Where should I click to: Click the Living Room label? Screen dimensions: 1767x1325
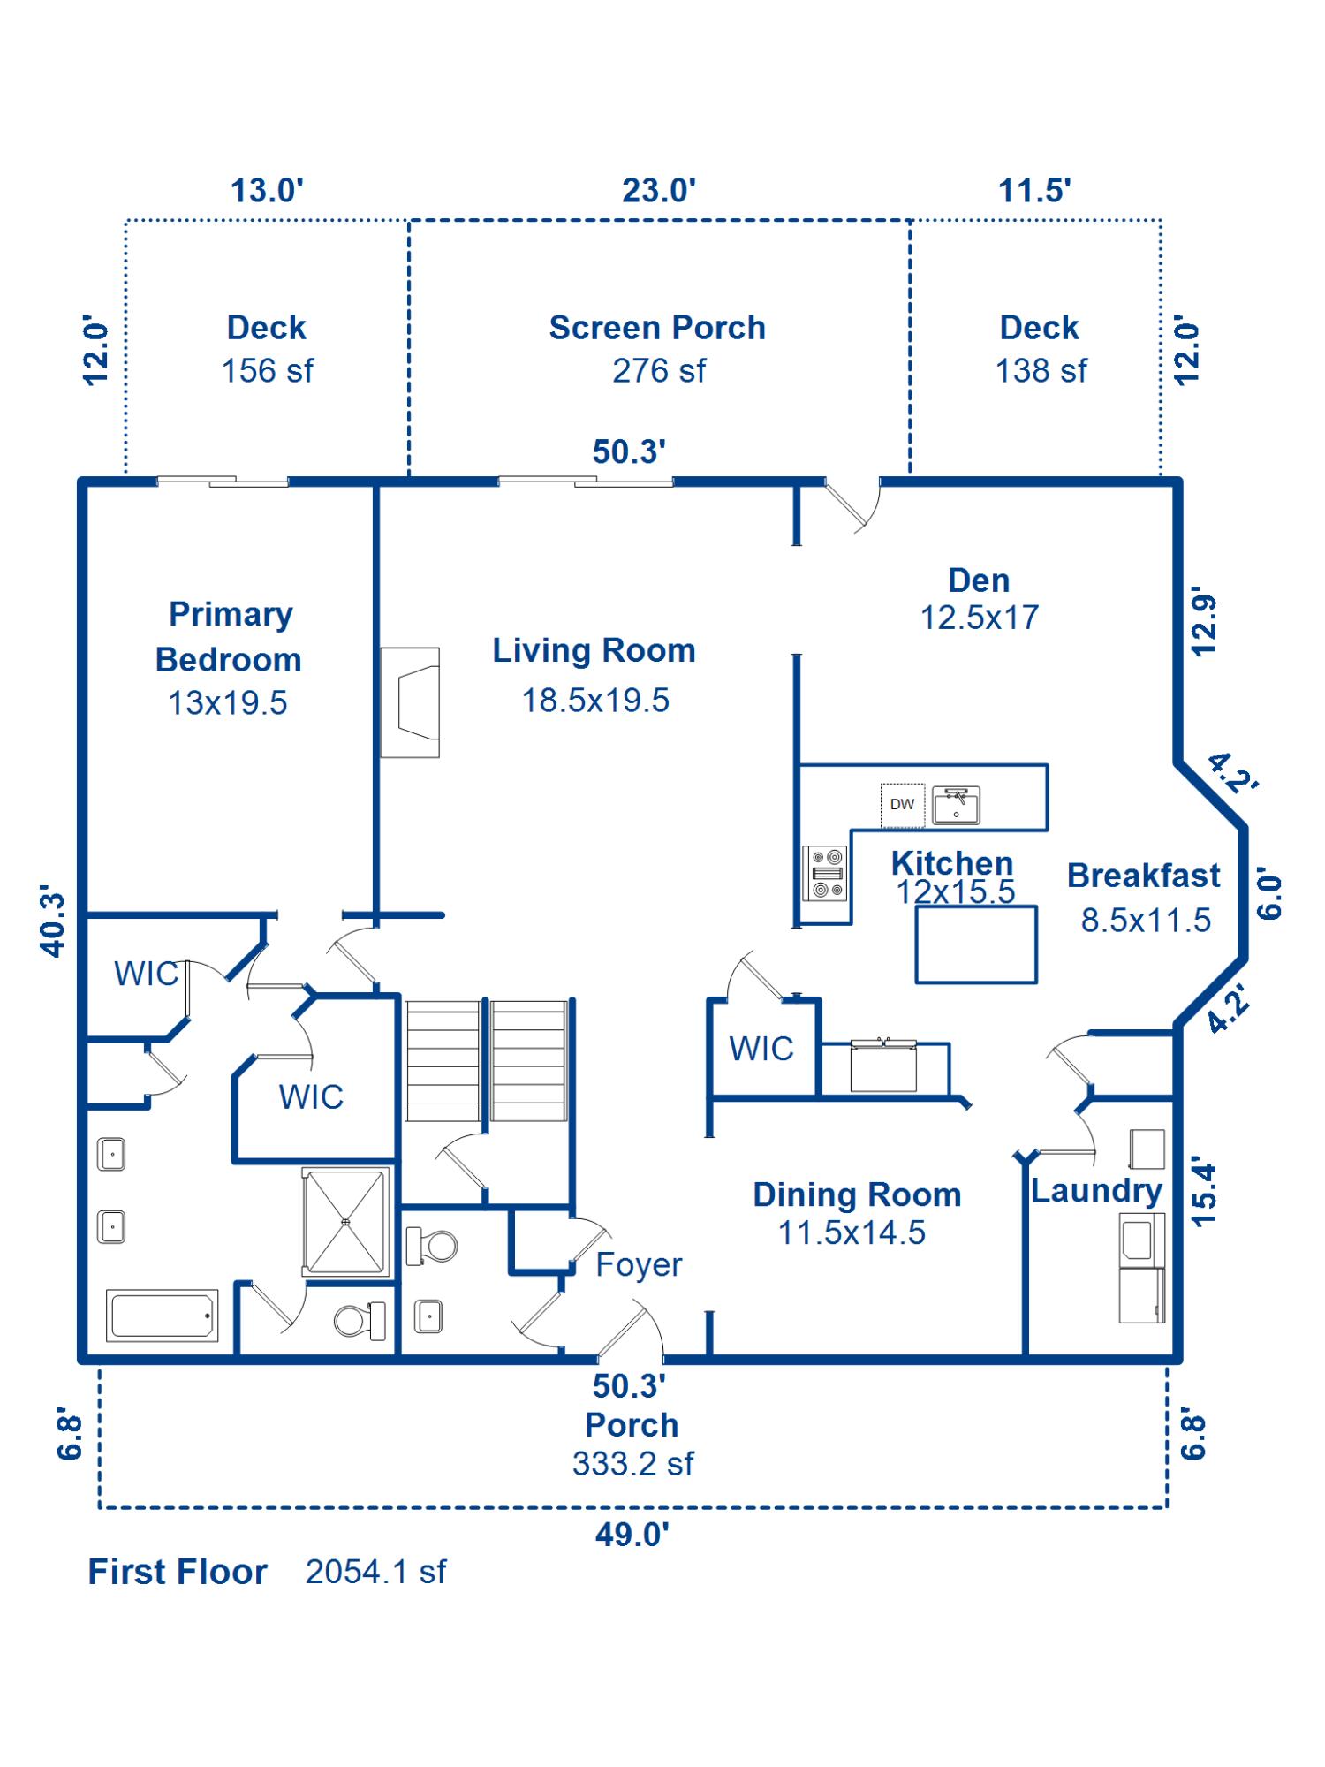[x=594, y=651]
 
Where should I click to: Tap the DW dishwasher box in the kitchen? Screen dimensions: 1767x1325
[x=902, y=804]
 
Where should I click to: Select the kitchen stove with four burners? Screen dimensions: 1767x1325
[x=825, y=873]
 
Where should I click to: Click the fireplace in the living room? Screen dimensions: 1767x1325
[x=411, y=702]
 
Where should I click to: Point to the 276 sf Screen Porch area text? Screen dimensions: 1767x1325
[x=659, y=371]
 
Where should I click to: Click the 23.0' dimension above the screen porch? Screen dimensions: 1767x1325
[x=659, y=190]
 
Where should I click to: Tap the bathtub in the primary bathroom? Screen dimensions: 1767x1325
[x=163, y=1315]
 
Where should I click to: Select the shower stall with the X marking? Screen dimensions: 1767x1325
[x=346, y=1222]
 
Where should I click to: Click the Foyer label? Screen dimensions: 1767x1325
[x=639, y=1265]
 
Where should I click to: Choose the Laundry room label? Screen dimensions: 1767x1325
[x=1096, y=1191]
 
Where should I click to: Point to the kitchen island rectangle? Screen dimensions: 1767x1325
[x=976, y=944]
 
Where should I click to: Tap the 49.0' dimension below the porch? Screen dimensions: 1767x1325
[x=632, y=1535]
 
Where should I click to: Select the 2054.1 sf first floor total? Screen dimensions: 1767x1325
[x=375, y=1572]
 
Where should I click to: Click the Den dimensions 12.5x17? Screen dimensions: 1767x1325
[x=980, y=618]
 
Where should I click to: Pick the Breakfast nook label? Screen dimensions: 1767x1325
[x=1144, y=876]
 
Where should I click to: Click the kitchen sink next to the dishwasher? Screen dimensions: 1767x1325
[x=956, y=805]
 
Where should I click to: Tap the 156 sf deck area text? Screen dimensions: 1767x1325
[x=267, y=371]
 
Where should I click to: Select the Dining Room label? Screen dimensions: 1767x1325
[x=857, y=1194]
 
